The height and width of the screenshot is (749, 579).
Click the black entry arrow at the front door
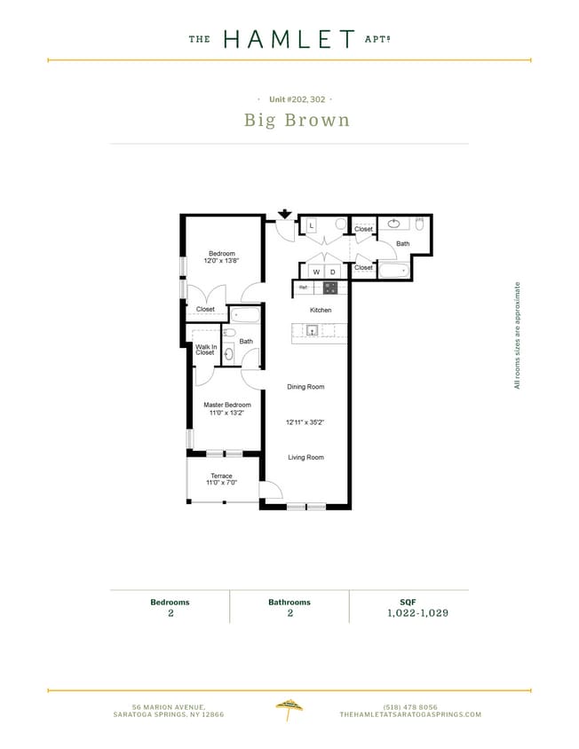[x=285, y=214]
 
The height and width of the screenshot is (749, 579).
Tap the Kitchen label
[x=321, y=310]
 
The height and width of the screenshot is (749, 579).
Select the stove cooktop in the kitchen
[x=330, y=288]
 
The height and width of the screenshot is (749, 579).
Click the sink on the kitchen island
[x=313, y=330]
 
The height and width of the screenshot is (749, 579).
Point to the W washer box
[x=315, y=272]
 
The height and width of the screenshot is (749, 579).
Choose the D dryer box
[x=333, y=272]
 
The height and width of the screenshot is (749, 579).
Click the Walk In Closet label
[x=205, y=350]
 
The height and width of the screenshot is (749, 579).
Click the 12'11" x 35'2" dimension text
[x=305, y=422]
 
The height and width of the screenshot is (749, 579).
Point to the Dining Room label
[x=305, y=387]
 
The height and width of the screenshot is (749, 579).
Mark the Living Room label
[x=305, y=457]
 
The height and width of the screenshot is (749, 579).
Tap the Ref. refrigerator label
[x=304, y=288]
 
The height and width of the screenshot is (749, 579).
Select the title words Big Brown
[x=297, y=120]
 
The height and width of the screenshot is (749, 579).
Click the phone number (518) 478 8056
[x=409, y=706]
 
